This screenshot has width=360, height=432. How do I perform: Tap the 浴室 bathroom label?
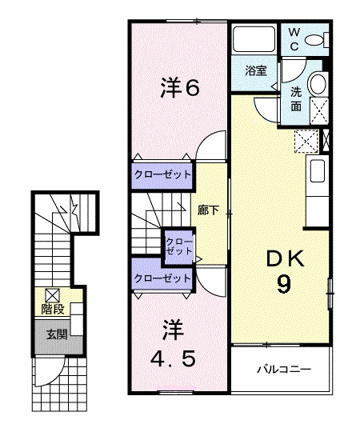[255, 70]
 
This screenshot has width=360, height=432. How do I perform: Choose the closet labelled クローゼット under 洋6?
[162, 174]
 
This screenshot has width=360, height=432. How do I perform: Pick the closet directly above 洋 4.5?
[162, 278]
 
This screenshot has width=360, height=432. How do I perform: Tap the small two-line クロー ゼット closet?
[178, 245]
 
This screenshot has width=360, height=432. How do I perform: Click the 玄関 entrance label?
[54, 334]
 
